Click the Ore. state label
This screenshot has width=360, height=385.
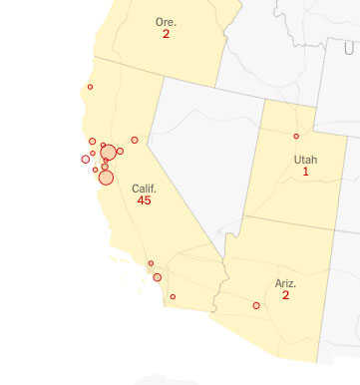(x=166, y=21)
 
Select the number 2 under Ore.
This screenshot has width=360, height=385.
(x=166, y=34)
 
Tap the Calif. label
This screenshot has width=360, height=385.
(x=145, y=189)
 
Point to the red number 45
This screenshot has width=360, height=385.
(x=145, y=201)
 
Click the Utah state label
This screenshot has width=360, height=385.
(x=305, y=160)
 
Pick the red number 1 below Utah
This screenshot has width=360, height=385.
(x=305, y=173)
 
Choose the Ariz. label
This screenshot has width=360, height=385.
(x=285, y=283)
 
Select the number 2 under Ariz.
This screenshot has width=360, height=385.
(x=285, y=295)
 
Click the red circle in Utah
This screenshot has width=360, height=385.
(x=296, y=136)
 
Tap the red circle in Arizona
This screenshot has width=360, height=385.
(x=256, y=305)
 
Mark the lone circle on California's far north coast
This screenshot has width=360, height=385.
(x=90, y=87)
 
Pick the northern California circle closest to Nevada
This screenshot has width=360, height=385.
(x=135, y=140)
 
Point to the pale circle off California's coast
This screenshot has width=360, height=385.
(x=85, y=160)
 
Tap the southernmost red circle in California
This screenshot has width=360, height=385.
(x=173, y=296)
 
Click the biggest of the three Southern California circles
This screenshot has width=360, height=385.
(x=157, y=277)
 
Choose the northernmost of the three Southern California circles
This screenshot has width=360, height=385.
(x=151, y=263)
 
